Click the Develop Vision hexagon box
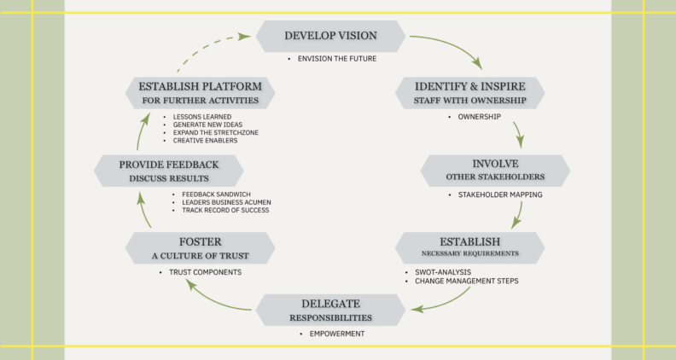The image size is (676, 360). (330, 36)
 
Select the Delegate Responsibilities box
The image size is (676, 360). (330, 310)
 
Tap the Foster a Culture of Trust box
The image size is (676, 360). (201, 248)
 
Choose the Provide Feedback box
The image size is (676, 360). (169, 171)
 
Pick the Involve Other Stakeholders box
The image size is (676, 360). (495, 171)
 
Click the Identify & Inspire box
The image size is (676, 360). (470, 93)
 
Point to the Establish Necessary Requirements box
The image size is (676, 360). (470, 248)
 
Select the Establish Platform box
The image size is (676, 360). (201, 93)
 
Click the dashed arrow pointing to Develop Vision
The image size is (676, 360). (207, 45)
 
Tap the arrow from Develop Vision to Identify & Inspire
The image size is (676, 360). (453, 44)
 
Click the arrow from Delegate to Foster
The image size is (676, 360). (214, 299)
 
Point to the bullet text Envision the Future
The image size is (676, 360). (337, 59)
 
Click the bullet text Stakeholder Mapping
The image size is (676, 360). (500, 195)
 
